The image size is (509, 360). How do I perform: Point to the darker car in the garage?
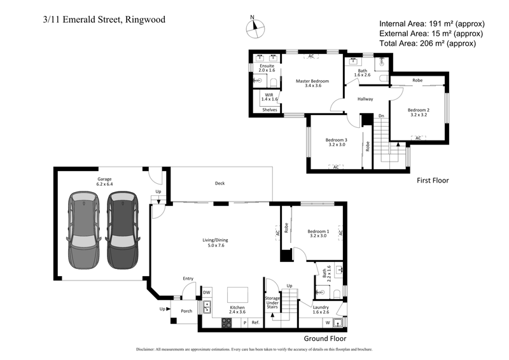(122, 230)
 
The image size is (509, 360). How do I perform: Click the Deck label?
(220, 184)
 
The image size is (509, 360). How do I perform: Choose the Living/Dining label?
(214, 242)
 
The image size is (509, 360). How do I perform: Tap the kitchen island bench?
(238, 294)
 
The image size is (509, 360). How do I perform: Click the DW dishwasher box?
(207, 293)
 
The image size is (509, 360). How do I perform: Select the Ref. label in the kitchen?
(255, 323)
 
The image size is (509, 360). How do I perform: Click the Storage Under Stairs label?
(272, 303)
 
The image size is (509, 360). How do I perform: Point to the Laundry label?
(321, 308)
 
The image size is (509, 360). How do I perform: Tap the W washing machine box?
(328, 323)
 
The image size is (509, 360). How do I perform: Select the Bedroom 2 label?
(418, 113)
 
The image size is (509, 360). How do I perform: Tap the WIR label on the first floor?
(270, 97)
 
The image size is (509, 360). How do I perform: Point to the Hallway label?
(365, 99)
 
